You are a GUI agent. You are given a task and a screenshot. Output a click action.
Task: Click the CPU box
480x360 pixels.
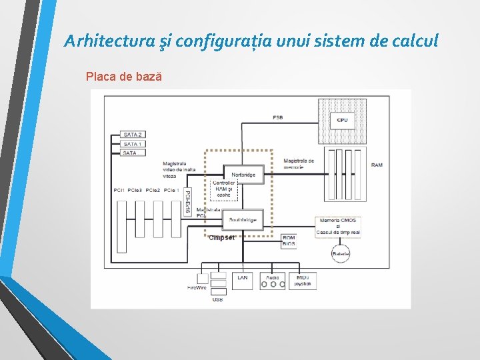coord(342,120)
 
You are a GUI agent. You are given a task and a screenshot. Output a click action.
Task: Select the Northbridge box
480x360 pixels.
coord(243,175)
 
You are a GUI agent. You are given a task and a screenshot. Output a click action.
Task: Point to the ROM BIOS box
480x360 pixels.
coord(289,241)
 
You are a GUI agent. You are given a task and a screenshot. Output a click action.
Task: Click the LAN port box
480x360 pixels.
coord(242,281)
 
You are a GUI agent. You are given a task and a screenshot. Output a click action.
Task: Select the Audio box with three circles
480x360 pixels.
coord(272,281)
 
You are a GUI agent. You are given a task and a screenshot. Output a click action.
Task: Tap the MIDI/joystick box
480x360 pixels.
coord(303,281)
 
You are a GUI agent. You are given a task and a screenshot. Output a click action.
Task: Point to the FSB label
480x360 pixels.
coord(277,118)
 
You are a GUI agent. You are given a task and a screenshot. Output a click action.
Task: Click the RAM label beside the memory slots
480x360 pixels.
coord(377,165)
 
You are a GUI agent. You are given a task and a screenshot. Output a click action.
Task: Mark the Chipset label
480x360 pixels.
coord(221,237)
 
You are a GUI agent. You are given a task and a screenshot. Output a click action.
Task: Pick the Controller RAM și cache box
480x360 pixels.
coord(224,189)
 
